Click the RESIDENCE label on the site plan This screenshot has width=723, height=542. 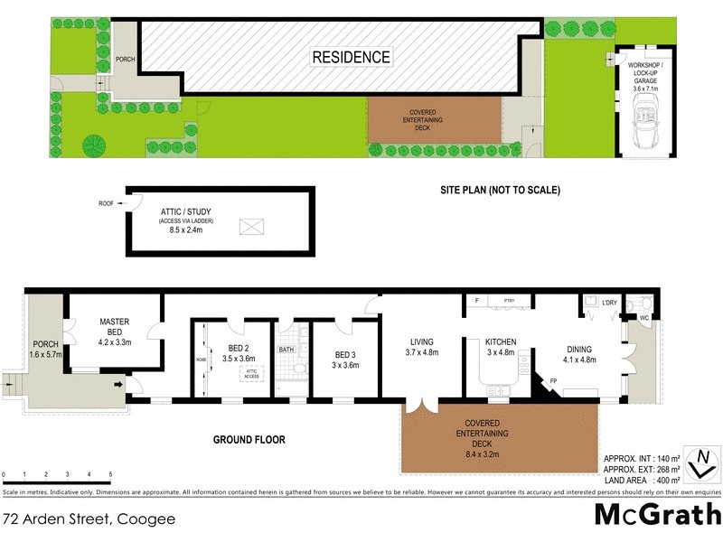click(352, 57)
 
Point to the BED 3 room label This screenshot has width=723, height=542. click(346, 360)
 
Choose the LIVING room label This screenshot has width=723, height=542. click(422, 347)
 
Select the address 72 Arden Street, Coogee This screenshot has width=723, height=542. click(89, 519)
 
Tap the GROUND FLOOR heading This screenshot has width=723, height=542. click(249, 440)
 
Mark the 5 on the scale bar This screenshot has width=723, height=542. click(110, 474)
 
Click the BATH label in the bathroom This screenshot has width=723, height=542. click(286, 350)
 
